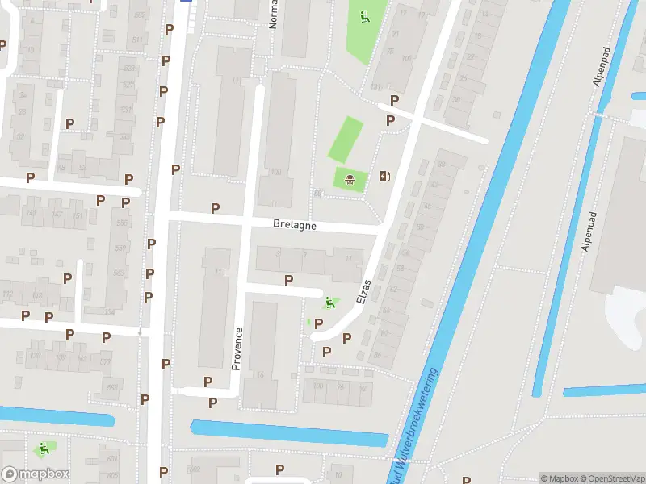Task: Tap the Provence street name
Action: [237, 348]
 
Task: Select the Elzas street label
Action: [363, 291]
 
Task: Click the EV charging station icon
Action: [384, 177]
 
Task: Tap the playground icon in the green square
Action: [350, 179]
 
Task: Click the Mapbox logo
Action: [35, 474]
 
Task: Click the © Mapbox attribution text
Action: [557, 478]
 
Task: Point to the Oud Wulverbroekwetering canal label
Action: [418, 423]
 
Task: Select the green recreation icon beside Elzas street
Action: [329, 302]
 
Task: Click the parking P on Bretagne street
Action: [215, 208]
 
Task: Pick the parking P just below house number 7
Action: [288, 280]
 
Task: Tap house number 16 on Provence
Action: [260, 375]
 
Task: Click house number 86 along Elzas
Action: [376, 354]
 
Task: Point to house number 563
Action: [119, 273]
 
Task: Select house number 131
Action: [375, 87]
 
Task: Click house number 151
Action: [78, 215]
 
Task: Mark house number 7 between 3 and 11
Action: [304, 255]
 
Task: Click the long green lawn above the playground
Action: [345, 139]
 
